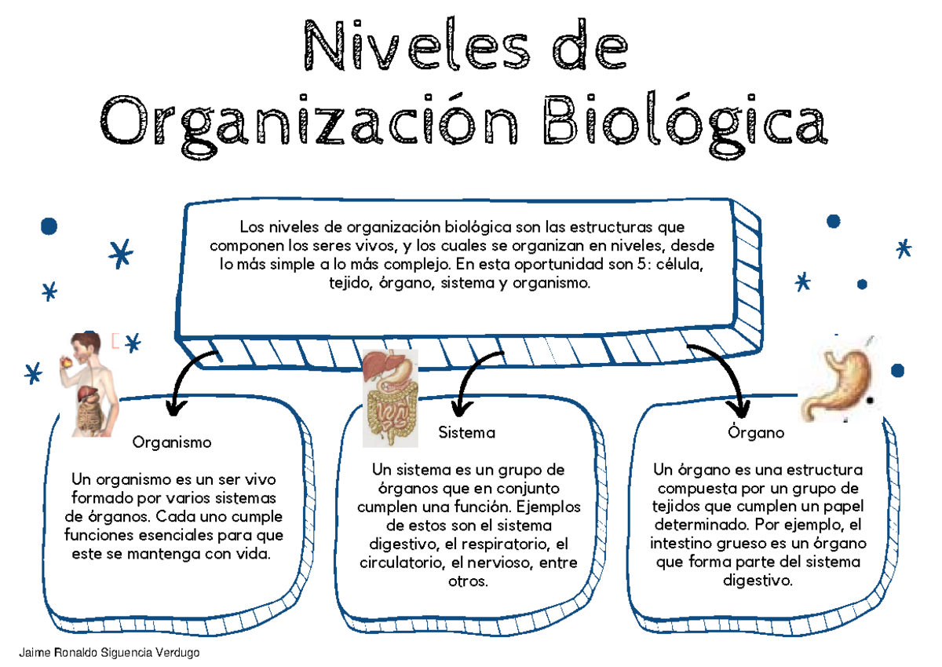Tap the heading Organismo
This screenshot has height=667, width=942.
click(172, 442)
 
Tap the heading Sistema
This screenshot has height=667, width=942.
click(467, 433)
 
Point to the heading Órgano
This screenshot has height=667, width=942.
click(756, 433)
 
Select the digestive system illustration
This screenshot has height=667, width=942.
click(390, 397)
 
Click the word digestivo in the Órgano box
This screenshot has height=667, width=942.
click(758, 581)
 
